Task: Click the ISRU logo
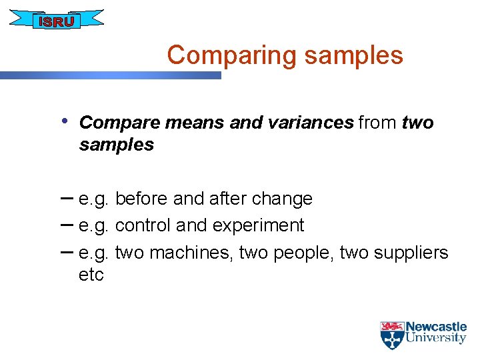click(57, 21)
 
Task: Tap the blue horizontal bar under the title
click(110, 76)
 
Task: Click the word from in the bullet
click(378, 123)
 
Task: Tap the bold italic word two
click(418, 123)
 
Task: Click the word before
click(141, 199)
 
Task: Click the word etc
click(91, 275)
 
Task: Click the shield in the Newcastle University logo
click(392, 335)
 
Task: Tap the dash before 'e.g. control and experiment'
click(67, 225)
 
